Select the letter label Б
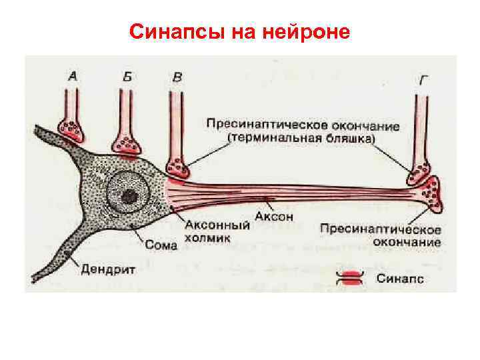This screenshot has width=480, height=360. [127, 76]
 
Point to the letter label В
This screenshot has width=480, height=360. [176, 77]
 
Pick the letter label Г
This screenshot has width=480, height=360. [424, 81]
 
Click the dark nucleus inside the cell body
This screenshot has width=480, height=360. [129, 196]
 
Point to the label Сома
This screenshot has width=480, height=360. [161, 245]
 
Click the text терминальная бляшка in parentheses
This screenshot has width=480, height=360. [303, 138]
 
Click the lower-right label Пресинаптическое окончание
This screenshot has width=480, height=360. [379, 235]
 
